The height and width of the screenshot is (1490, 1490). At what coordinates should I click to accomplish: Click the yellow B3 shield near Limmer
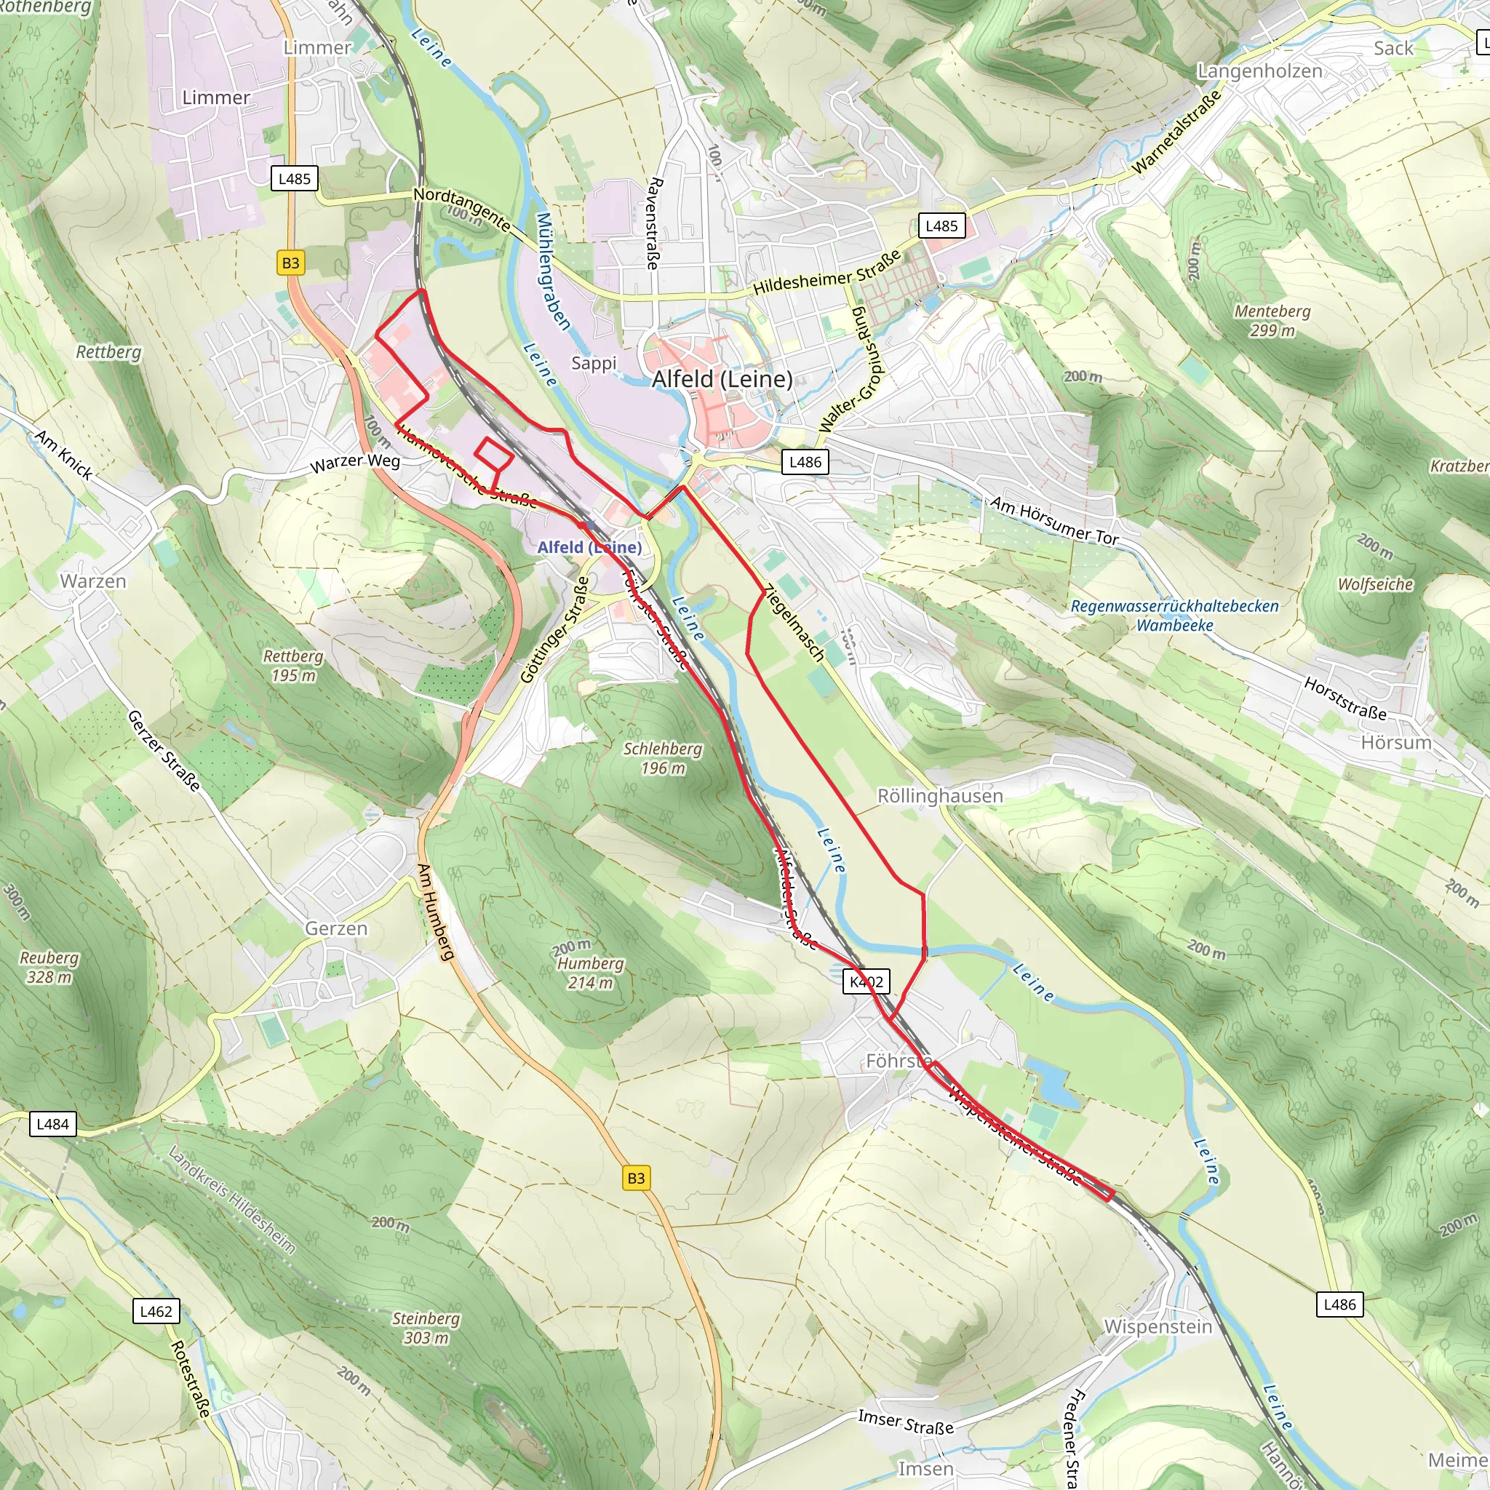tap(290, 263)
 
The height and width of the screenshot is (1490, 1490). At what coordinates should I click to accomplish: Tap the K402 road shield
tap(866, 981)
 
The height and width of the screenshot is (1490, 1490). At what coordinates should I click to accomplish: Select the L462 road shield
tap(156, 1311)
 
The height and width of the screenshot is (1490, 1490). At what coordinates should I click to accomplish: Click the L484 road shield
tap(53, 1123)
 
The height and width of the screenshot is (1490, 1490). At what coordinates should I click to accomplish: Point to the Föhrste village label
tap(898, 1061)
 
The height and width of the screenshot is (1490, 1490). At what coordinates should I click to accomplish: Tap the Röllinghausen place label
tap(940, 796)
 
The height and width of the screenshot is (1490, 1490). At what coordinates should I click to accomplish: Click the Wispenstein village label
tap(1158, 1326)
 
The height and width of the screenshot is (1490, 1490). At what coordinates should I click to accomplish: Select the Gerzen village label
tap(336, 928)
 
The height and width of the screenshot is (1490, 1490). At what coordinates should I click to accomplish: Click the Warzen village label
tap(93, 581)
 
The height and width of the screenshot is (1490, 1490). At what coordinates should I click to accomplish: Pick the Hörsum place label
tap(1396, 743)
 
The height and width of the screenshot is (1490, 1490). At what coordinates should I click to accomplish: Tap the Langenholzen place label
tap(1259, 71)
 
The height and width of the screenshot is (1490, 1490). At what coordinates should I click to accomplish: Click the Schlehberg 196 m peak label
tap(663, 758)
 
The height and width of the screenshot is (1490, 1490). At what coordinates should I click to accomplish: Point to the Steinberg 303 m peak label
tap(426, 1328)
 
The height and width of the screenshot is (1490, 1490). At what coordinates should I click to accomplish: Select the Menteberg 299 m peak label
tap(1272, 321)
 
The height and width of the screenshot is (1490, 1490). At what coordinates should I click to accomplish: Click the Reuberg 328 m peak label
tap(49, 967)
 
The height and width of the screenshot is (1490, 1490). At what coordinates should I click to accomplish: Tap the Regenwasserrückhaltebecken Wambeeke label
tap(1174, 615)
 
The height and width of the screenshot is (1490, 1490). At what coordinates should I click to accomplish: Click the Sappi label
tap(594, 362)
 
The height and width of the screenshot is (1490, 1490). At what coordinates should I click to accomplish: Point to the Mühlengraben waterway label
tap(553, 271)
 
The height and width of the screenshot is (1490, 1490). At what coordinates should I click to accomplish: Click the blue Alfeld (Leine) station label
tap(589, 547)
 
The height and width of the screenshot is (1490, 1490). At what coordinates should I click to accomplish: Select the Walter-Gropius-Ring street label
tap(853, 368)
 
